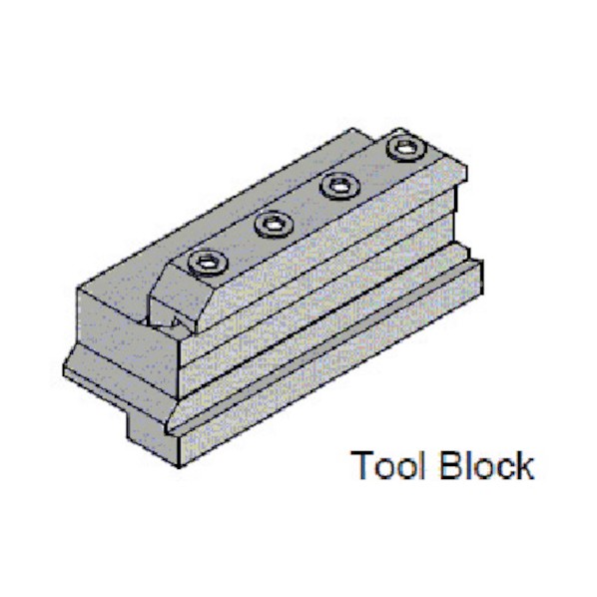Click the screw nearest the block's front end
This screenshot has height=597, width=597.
pyautogui.click(x=209, y=263)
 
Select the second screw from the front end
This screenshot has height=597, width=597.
pyautogui.click(x=274, y=225)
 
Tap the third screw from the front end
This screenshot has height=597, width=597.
pyautogui.click(x=339, y=186)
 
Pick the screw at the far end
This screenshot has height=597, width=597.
pyautogui.click(x=406, y=148)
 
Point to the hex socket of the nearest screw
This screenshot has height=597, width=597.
pyautogui.click(x=209, y=264)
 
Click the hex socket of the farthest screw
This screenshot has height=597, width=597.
pyautogui.click(x=406, y=148)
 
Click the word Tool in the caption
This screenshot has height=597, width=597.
pyautogui.click(x=387, y=465)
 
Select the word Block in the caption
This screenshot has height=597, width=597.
pyautogui.click(x=486, y=465)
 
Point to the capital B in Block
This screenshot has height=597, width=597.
pyautogui.click(x=451, y=465)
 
